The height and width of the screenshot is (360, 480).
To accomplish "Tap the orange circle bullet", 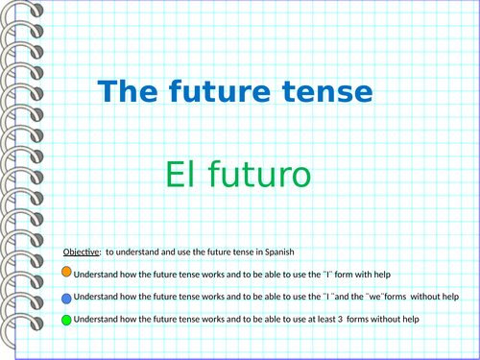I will pos(65,272).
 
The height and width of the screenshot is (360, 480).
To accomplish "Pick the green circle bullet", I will pos(65,320).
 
